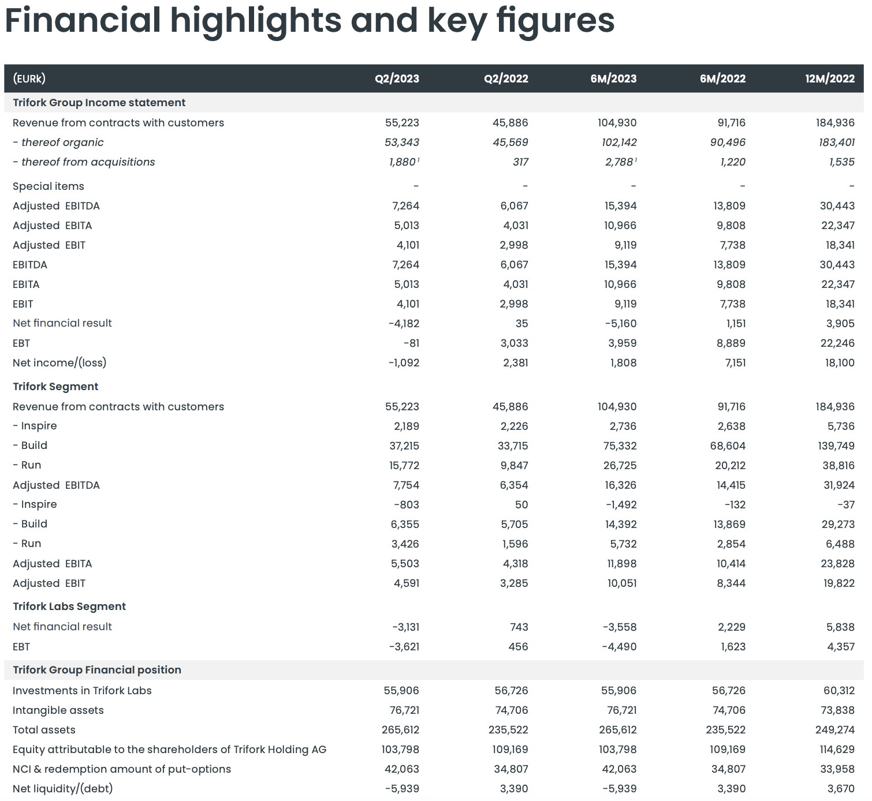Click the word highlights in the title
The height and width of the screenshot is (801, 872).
pyautogui.click(x=256, y=21)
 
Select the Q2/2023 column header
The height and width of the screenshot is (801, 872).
pyautogui.click(x=397, y=79)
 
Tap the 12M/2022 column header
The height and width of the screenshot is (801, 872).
pyautogui.click(x=830, y=79)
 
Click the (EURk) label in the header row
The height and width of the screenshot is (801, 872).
pyautogui.click(x=29, y=79)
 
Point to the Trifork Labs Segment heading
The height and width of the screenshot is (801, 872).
pyautogui.click(x=69, y=607)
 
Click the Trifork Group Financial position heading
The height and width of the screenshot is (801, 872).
pyautogui.click(x=97, y=670)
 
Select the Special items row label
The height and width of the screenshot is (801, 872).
pyautogui.click(x=49, y=186)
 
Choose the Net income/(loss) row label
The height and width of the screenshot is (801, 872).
pyautogui.click(x=59, y=363)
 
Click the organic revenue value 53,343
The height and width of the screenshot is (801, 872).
pyautogui.click(x=402, y=143)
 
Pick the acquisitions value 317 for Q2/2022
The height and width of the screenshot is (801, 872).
pyautogui.click(x=520, y=162)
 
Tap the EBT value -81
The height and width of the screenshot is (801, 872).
pyautogui.click(x=411, y=343)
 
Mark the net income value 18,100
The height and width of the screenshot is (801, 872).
pyautogui.click(x=840, y=363)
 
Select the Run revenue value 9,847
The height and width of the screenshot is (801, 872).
pyautogui.click(x=514, y=466)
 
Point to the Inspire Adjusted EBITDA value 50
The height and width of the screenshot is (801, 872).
pyautogui.click(x=521, y=505)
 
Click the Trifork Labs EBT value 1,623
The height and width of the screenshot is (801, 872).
pyautogui.click(x=733, y=647)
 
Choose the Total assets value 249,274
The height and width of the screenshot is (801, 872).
pyautogui.click(x=834, y=730)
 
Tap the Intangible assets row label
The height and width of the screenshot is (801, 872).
pyautogui.click(x=58, y=710)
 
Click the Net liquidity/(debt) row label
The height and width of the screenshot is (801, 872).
pyautogui.click(x=63, y=789)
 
